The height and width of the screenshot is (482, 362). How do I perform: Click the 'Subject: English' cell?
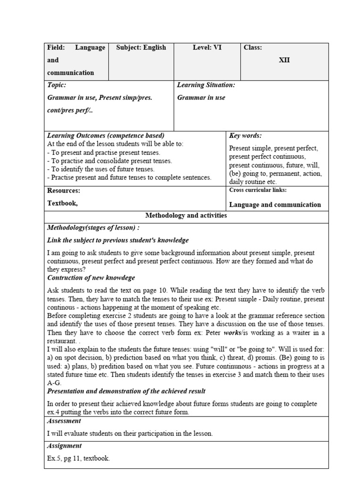coord(141,48)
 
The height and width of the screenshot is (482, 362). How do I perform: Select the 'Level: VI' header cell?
coord(207,48)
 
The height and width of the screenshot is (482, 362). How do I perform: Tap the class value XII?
coord(284,60)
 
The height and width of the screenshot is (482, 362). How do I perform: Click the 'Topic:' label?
coord(57,85)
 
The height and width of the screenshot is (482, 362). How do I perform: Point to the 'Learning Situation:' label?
coord(206,85)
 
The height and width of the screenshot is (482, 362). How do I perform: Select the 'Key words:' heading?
coord(245,136)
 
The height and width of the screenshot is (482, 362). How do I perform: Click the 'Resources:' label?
coord(64,191)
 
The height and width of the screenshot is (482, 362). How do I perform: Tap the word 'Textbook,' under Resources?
coord(62,203)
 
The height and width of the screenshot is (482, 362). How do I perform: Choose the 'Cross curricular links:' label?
coord(258,190)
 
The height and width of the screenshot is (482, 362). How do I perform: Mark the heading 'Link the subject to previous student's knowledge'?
coord(118,240)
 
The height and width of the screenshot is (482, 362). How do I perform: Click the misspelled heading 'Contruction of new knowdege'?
coord(91,278)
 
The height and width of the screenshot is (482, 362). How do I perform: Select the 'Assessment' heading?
coord(64,421)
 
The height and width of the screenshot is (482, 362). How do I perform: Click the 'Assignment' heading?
coord(65,446)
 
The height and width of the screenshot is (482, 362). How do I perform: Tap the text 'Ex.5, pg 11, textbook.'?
coord(79,458)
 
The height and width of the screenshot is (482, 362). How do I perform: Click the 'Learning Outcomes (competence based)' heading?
coord(106,136)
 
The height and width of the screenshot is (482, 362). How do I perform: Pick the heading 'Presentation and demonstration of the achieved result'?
coord(126,391)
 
